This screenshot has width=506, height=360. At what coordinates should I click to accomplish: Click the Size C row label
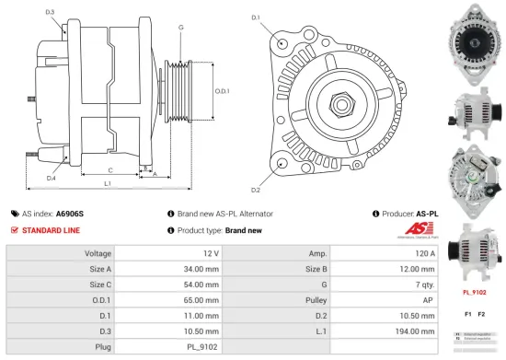click(100, 284)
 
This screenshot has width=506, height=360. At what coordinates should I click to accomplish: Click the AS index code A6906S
click(69, 214)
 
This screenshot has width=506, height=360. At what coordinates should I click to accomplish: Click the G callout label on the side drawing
click(181, 28)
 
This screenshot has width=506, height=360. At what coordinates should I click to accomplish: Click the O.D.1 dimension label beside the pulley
click(222, 90)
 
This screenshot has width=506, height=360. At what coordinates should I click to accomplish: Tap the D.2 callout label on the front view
click(255, 191)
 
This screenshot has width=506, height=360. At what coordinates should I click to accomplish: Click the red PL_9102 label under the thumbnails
click(473, 293)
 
